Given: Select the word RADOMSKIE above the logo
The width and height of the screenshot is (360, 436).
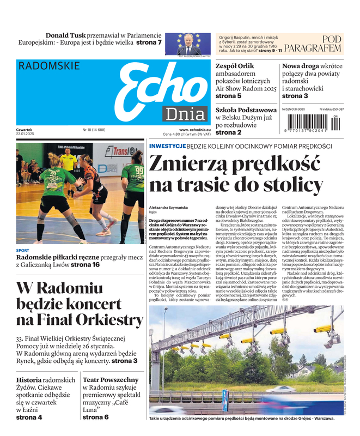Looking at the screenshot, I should coord(49,66).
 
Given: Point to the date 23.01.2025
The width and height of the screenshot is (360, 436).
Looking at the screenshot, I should coord(26,134).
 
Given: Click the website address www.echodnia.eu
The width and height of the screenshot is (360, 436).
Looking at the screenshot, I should coord(194,130).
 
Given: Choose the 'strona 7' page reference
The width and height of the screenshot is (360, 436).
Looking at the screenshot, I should coord(149,43).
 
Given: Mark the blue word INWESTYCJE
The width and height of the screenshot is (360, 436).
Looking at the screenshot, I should coord(167,147).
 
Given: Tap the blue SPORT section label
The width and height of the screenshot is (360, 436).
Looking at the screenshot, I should coord(22,251).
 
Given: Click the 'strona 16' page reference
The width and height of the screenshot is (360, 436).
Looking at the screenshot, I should coord(86,265).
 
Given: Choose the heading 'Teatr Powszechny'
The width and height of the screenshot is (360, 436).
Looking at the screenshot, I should coord(111,379).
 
